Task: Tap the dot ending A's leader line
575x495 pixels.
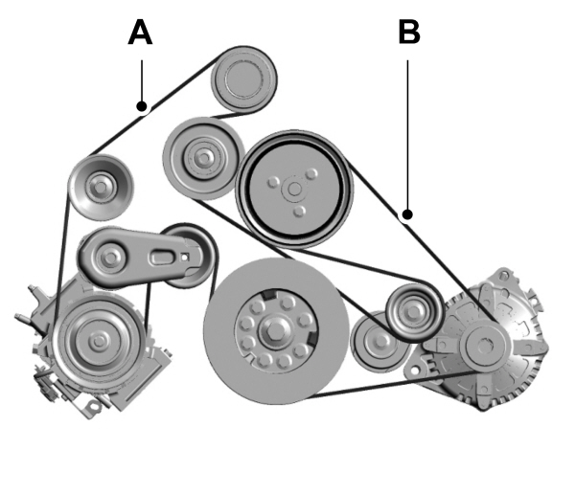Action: click(x=142, y=106)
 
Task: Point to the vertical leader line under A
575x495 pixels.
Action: click(x=142, y=81)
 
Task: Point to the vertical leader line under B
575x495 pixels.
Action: click(x=409, y=134)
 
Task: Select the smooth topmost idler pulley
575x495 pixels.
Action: click(x=243, y=79)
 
